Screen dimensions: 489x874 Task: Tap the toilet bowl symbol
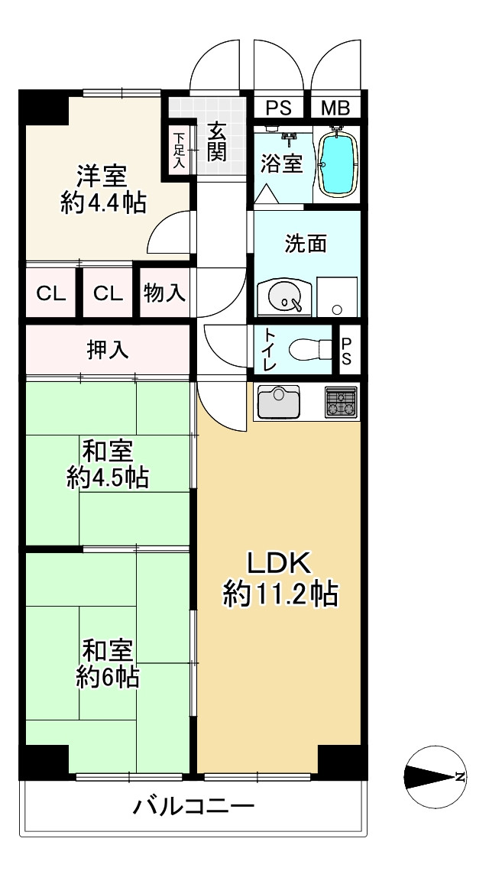310,349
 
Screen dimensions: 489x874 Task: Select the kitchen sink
279,401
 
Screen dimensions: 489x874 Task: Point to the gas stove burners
342,403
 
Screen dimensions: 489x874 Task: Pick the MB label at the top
335,108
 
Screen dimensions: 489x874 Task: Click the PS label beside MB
279,108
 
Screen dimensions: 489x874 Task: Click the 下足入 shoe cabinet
179,151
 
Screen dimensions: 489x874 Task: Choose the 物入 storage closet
164,293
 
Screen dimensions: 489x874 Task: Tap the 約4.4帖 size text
103,203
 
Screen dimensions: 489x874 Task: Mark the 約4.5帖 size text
108,477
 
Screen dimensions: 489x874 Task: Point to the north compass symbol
436,777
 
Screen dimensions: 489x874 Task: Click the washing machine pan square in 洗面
338,297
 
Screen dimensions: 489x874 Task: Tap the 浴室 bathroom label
283,163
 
